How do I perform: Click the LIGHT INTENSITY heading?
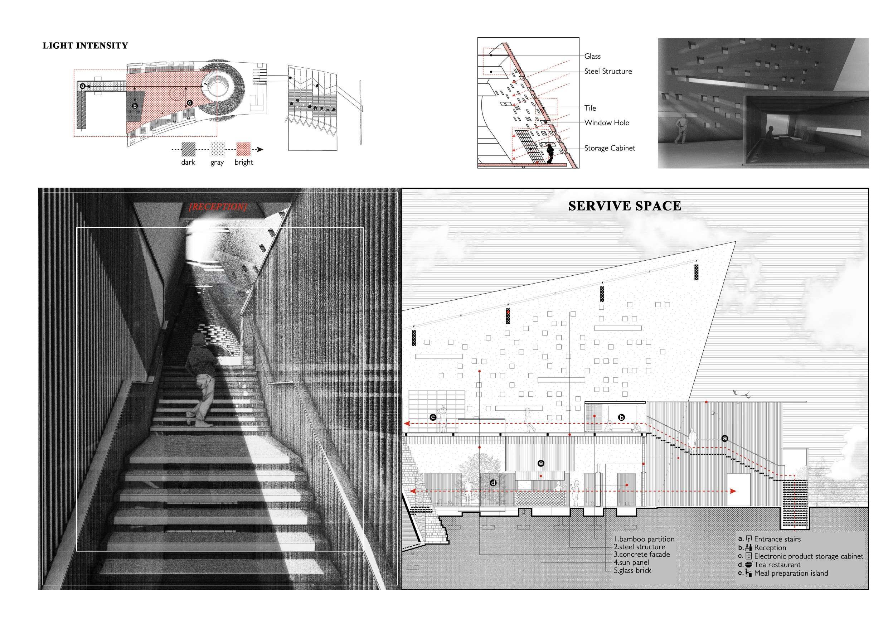click(x=85, y=46)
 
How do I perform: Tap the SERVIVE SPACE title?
click(x=624, y=206)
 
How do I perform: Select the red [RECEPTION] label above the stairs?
click(x=218, y=207)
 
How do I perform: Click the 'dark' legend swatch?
click(x=189, y=149)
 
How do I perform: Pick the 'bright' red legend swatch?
click(x=244, y=149)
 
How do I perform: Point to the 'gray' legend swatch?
click(x=217, y=149)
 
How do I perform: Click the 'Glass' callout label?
click(x=592, y=57)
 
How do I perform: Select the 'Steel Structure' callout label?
click(x=608, y=71)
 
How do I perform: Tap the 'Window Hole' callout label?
click(x=606, y=123)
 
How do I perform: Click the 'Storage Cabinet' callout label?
click(x=609, y=148)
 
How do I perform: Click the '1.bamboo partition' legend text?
click(x=644, y=539)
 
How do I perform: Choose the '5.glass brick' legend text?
click(x=632, y=570)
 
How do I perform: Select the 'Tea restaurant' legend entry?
click(x=777, y=565)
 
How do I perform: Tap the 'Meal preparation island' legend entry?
click(x=791, y=573)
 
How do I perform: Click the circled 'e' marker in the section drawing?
click(x=541, y=463)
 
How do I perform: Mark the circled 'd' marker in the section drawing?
click(x=493, y=483)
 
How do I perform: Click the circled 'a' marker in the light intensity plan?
click(x=83, y=86)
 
